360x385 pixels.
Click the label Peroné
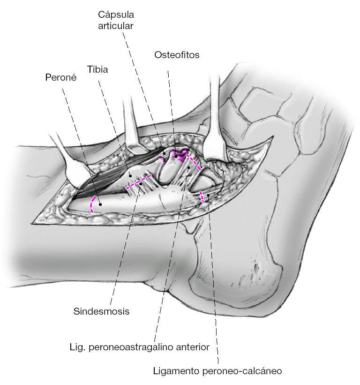tap(61, 77)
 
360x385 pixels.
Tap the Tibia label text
tap(97, 70)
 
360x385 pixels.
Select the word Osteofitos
tap(177, 55)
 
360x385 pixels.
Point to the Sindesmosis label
tap(101, 311)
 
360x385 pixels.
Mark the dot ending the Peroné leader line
tap(100, 204)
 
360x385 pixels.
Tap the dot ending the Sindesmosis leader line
tap(140, 184)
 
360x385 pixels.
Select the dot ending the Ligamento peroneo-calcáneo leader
tap(208, 195)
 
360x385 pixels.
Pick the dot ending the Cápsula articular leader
tap(165, 153)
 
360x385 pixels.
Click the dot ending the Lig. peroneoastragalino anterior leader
tap(188, 167)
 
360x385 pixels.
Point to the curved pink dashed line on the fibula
tap(93, 204)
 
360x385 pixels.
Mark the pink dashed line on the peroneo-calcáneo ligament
tap(202, 197)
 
